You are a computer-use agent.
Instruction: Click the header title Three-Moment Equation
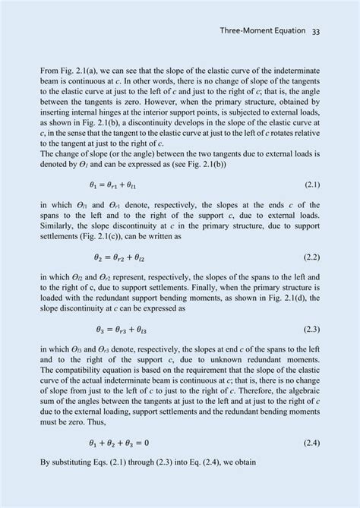(261, 31)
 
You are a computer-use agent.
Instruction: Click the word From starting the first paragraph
(49, 71)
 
